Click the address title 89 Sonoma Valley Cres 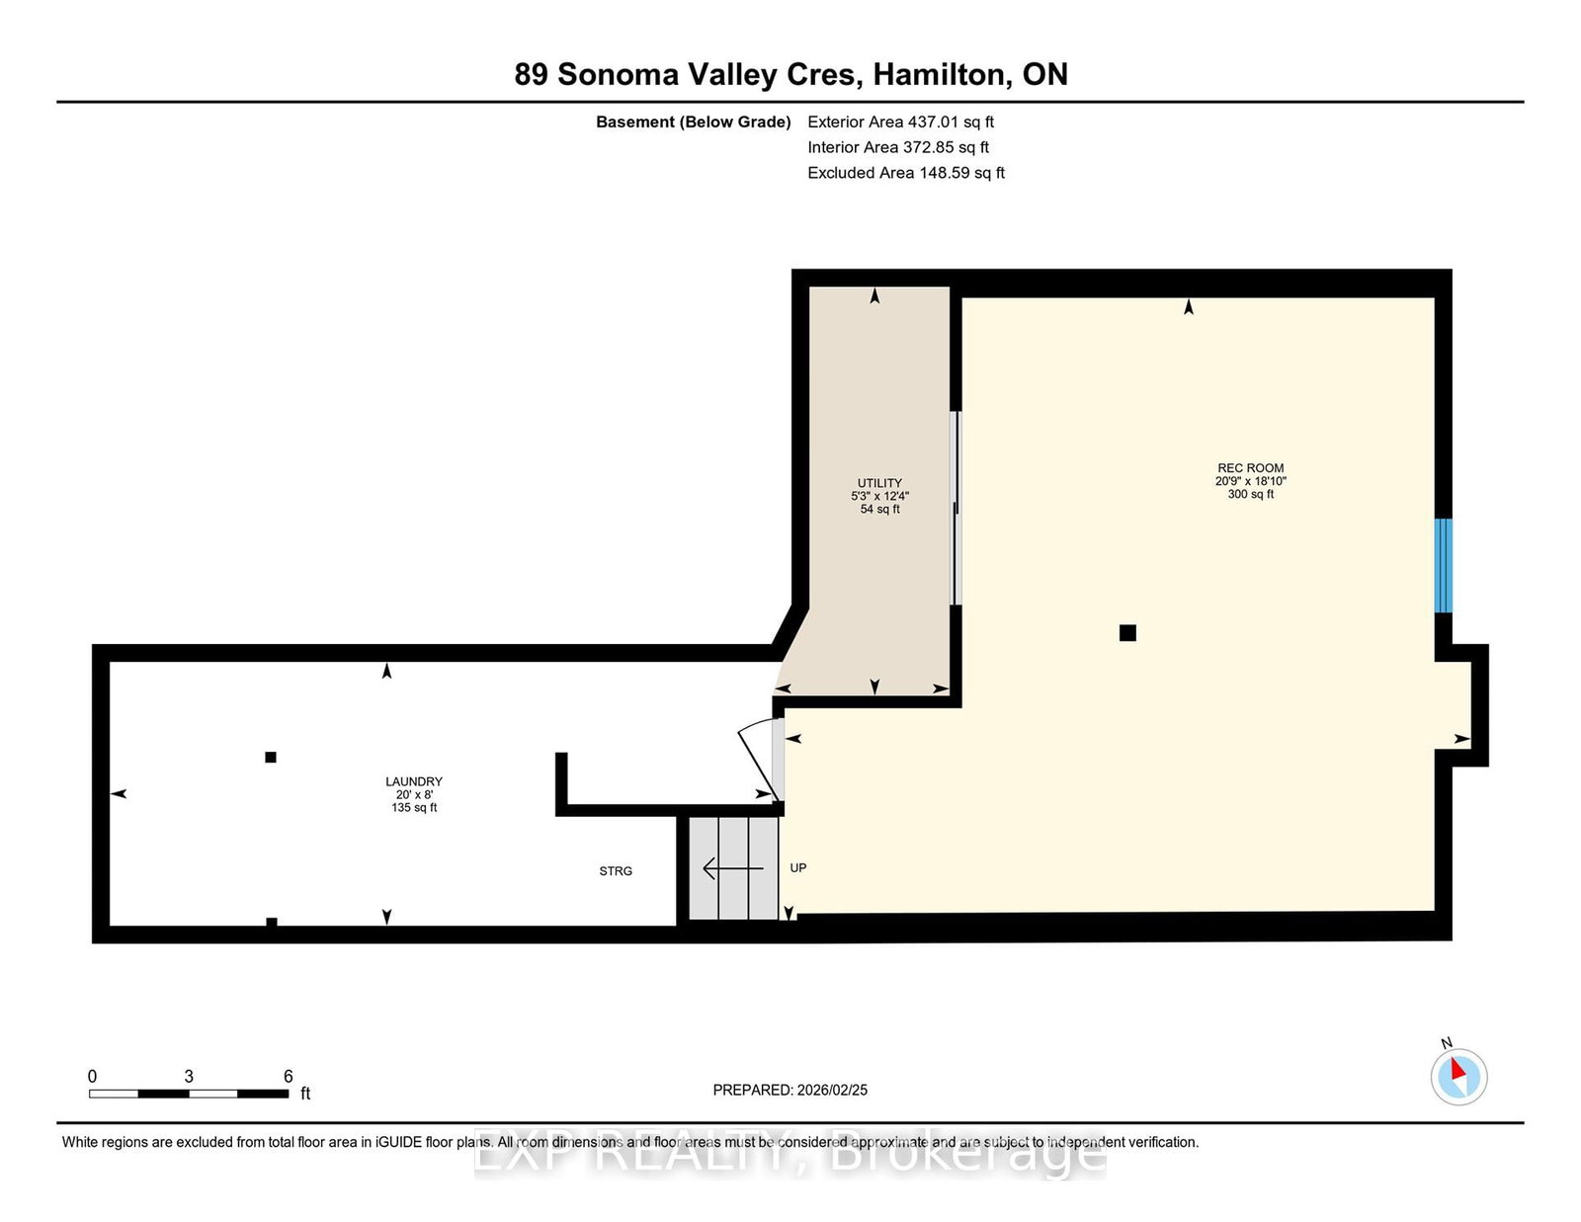tap(790, 75)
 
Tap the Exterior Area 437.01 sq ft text tap(900, 122)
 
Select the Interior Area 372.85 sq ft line tap(897, 147)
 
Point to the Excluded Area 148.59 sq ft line tap(905, 173)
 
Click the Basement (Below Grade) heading tap(693, 122)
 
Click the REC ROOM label tap(1250, 468)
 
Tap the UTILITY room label tap(879, 483)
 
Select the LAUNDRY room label tap(414, 781)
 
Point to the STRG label tap(616, 871)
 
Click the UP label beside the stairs tap(798, 868)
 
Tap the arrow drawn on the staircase tap(732, 868)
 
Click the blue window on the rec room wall tap(1443, 565)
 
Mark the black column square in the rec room tap(1127, 633)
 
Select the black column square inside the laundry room tap(271, 758)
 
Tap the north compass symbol tap(1458, 1075)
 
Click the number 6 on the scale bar tap(288, 1077)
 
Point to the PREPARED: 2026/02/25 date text tap(790, 1091)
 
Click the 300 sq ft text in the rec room tap(1250, 494)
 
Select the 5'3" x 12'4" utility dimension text tap(879, 497)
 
